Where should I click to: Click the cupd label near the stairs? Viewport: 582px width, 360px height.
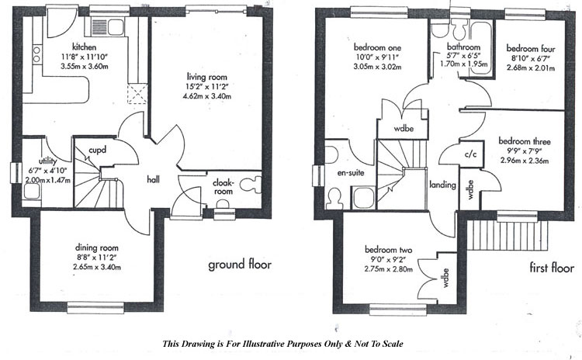click(97, 148)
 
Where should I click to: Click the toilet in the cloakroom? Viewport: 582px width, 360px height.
click(250, 186)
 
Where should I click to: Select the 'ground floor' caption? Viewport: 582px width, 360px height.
click(239, 265)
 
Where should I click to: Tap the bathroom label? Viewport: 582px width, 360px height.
click(463, 47)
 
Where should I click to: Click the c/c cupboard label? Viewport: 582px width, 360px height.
click(470, 154)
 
